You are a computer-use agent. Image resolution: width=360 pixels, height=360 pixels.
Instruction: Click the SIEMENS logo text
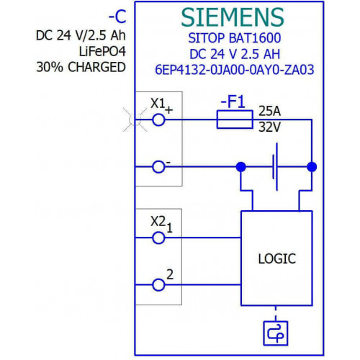point(233,17)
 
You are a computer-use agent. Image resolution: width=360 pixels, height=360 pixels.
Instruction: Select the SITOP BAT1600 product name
point(235,38)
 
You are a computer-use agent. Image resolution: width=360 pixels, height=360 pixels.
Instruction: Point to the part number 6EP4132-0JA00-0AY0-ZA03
point(235,70)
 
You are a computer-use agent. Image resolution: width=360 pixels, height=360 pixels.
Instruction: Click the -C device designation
point(117,17)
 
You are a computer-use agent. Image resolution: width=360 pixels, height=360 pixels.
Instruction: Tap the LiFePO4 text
point(102,51)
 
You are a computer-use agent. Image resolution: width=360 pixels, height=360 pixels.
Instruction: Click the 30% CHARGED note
point(81,67)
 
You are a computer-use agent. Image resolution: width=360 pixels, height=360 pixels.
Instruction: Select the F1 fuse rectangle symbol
point(235,120)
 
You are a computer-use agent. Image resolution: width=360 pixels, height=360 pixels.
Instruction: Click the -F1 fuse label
point(233,102)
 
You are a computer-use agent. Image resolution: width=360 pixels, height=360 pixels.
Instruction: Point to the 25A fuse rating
point(269,111)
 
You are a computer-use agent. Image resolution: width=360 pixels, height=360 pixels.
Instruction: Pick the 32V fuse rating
point(269,127)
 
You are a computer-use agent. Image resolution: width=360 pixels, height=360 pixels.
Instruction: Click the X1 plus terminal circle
point(158,120)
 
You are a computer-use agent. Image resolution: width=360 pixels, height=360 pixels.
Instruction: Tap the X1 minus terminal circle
point(158,167)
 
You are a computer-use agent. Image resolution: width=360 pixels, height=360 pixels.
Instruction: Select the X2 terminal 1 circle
point(158,238)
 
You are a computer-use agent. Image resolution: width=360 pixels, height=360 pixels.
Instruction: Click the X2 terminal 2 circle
point(158,285)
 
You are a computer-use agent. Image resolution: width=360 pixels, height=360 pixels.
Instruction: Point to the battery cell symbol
point(275,167)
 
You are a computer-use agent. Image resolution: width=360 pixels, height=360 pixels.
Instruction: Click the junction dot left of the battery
point(241,167)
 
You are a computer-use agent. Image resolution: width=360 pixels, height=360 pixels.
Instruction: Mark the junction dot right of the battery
point(312,167)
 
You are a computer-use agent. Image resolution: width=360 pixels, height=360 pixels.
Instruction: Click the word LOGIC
point(277,258)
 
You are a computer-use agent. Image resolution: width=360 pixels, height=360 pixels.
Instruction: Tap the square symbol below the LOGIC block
point(276,333)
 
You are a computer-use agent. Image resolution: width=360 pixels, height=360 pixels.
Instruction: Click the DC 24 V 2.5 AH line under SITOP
point(235,54)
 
